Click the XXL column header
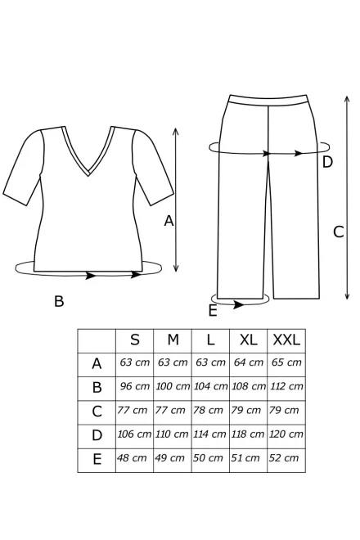point(286,340)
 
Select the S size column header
point(135,340)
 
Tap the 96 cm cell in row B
point(135,386)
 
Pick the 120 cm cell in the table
point(286,434)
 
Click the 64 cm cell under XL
point(249,362)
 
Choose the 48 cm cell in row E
point(132,458)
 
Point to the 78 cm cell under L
point(208,410)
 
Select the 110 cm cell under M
point(172,434)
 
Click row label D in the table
point(97,435)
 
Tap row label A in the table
point(97,363)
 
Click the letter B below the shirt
point(59,301)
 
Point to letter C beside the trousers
point(338,232)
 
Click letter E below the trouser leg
point(213,311)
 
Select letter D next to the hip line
point(327,162)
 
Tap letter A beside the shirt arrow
point(169,221)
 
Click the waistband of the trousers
point(268,100)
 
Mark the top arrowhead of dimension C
point(347,99)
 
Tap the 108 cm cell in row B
point(249,386)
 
